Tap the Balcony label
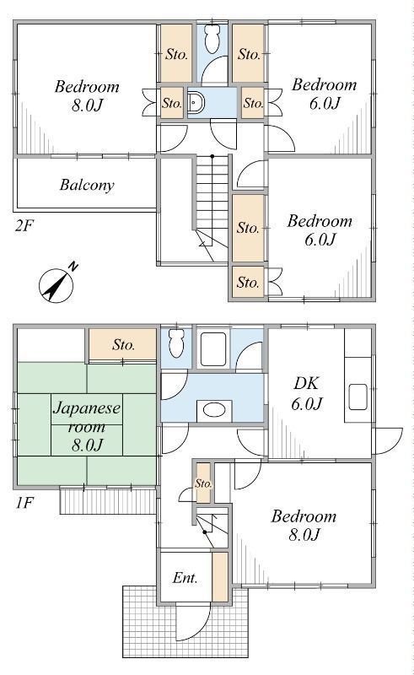(87, 185)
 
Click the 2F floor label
(24, 225)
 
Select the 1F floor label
(24, 502)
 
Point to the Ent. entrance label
(185, 577)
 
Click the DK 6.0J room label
(307, 393)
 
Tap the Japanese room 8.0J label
(87, 426)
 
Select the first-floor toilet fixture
(176, 343)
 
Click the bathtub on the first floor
(213, 349)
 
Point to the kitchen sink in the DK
(358, 397)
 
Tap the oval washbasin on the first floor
(214, 410)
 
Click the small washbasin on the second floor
(196, 102)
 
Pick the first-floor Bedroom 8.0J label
(304, 525)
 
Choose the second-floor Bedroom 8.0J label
(87, 95)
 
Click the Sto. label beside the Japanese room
(124, 344)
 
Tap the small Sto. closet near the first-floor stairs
(203, 483)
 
